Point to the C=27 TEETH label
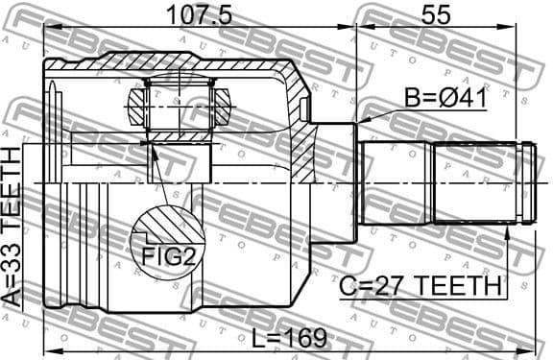[421, 285]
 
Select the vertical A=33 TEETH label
[13, 227]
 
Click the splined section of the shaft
[474, 182]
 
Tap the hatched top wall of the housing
[173, 67]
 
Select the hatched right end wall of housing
[300, 144]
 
